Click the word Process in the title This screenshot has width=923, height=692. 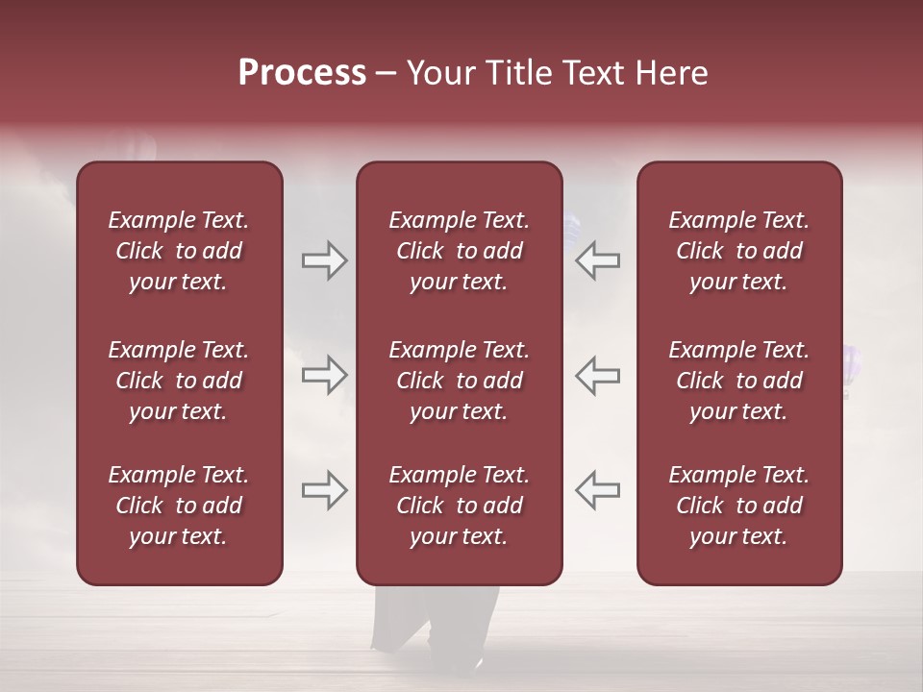coord(302,73)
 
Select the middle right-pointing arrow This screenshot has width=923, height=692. coord(325,374)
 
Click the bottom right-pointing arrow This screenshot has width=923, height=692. coord(325,489)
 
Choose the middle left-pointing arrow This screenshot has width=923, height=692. coord(597,374)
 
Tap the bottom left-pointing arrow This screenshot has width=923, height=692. coord(597,489)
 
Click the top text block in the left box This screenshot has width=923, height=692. coord(179,251)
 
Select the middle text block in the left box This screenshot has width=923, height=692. coord(179,381)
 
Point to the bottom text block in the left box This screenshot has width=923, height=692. coord(179,506)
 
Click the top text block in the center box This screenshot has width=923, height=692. coord(459,251)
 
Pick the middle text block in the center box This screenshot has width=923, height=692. coord(459,381)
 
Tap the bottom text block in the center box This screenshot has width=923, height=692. coord(459,506)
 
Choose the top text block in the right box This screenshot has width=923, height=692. coord(738,251)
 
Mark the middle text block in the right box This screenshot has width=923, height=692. coord(738,381)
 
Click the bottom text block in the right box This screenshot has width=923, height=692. coord(738,506)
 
